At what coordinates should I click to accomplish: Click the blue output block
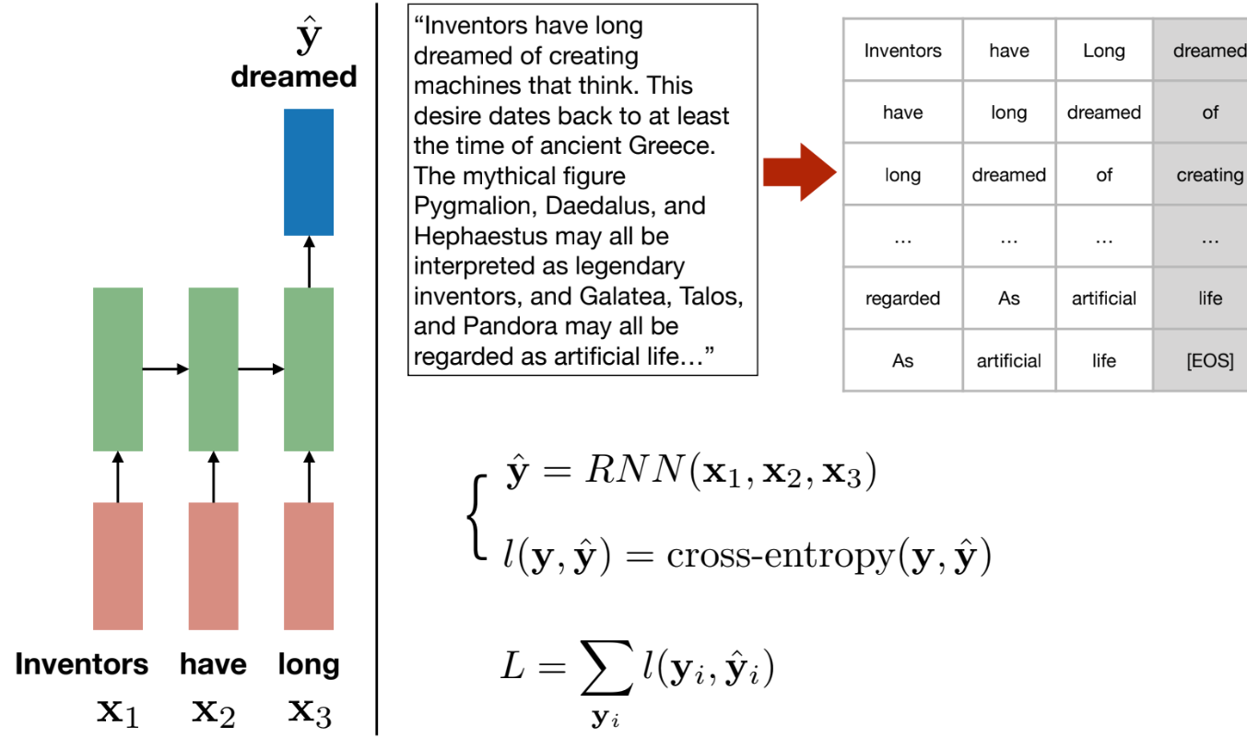pos(309,171)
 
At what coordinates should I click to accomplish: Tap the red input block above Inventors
pos(118,566)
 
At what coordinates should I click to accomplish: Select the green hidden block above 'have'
pos(213,369)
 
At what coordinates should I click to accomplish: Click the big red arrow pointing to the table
pos(799,171)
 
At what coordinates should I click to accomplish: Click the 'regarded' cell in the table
pos(902,299)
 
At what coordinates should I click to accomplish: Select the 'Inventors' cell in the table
pos(902,51)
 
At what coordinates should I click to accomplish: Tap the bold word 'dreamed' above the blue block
pos(294,76)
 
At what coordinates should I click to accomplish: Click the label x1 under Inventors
pos(118,710)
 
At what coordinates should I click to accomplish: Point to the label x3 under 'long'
pos(309,710)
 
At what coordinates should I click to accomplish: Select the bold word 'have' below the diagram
pos(213,664)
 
